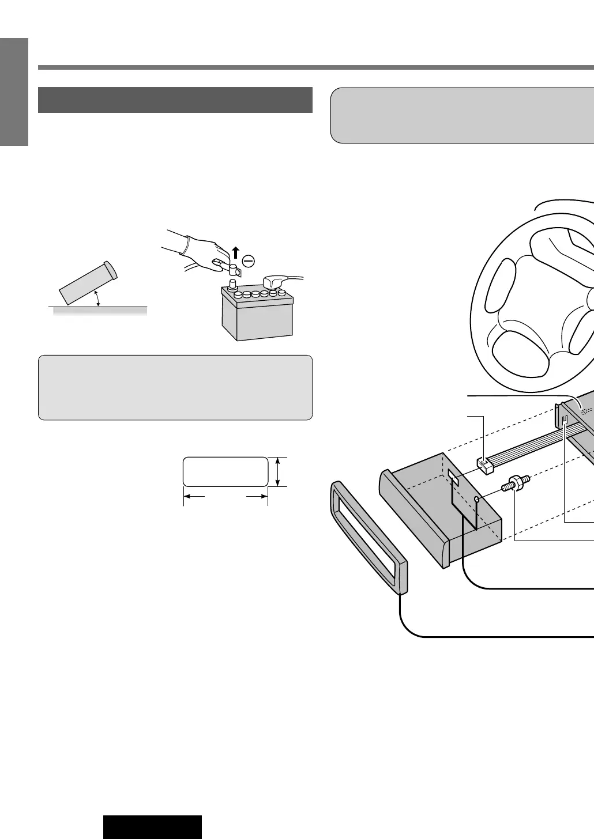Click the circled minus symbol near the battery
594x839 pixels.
[248, 261]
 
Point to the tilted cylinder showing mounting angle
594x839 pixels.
[88, 282]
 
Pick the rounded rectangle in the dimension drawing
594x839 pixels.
[225, 472]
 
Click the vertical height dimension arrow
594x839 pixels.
[279, 472]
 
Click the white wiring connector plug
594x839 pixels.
[484, 466]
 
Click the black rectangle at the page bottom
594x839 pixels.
[153, 827]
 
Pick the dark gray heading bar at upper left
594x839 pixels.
[175, 100]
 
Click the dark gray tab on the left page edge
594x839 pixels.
[14, 92]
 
